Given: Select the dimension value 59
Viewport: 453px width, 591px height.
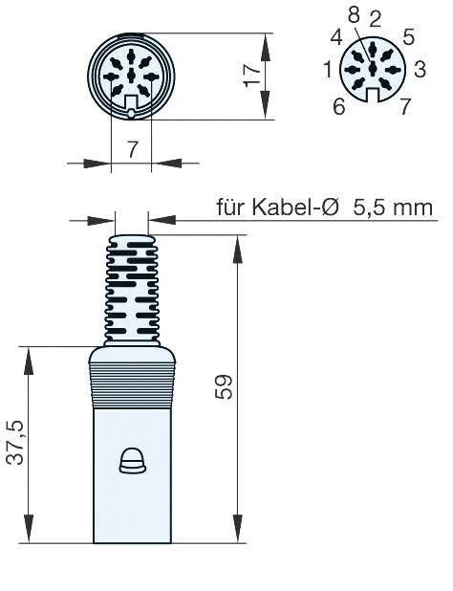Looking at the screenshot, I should tap(226, 386).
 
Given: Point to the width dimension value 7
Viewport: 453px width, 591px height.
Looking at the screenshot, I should tap(131, 148).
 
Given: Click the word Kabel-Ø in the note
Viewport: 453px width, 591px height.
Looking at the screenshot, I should tap(292, 208).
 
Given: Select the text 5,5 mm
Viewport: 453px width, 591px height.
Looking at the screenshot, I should tap(390, 208).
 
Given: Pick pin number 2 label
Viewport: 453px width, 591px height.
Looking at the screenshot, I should tap(375, 17).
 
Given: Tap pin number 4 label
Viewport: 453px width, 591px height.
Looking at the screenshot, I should tap(336, 38).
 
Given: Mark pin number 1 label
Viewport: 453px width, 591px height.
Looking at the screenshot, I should tap(328, 69).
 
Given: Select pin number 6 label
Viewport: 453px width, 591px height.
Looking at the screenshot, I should tap(338, 105).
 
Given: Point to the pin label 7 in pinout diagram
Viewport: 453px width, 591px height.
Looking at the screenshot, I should tap(406, 105).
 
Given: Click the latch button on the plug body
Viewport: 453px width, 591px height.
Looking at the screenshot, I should tap(131, 463).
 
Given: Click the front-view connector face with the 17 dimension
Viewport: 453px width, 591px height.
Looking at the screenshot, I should tap(131, 77).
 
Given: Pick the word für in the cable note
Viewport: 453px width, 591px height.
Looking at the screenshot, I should tap(233, 208).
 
